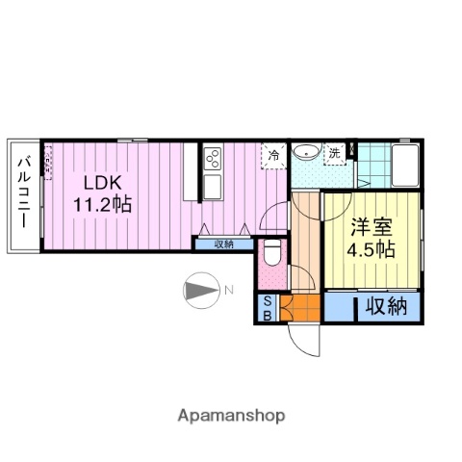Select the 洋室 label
[x=371, y=227]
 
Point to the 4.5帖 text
[x=371, y=249]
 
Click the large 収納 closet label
[x=385, y=308]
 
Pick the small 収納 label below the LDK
[x=223, y=244]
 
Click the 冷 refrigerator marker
[x=274, y=154]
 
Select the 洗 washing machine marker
[x=335, y=153]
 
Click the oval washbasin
[x=306, y=152]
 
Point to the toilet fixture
[x=272, y=256]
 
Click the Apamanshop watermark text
[x=231, y=416]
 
